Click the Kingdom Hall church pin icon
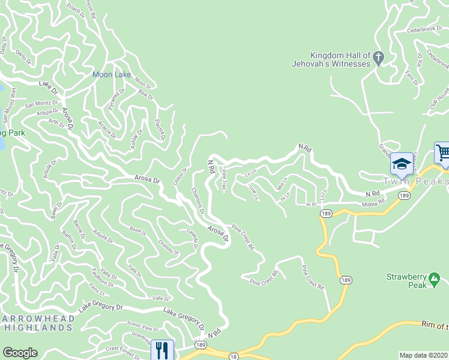tap(378, 58)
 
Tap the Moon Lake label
tap(111, 74)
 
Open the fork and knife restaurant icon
tap(161, 349)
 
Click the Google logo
tap(20, 353)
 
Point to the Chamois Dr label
tap(198, 202)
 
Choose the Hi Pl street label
tap(310, 205)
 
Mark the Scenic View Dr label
tap(142, 329)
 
